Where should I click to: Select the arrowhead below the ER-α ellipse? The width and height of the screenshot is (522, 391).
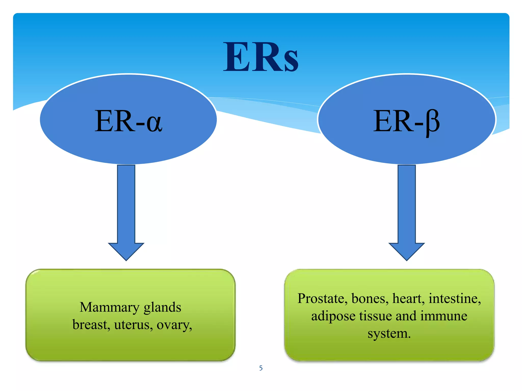(126, 251)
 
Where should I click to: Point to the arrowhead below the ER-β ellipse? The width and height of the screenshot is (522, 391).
(407, 251)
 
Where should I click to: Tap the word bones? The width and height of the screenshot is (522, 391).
(370, 299)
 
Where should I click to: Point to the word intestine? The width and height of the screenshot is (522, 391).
(455, 299)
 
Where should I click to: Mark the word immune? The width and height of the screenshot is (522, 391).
(443, 316)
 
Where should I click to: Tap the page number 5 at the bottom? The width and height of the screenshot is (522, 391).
(261, 368)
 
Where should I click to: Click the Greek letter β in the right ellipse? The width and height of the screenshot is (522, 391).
(433, 122)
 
